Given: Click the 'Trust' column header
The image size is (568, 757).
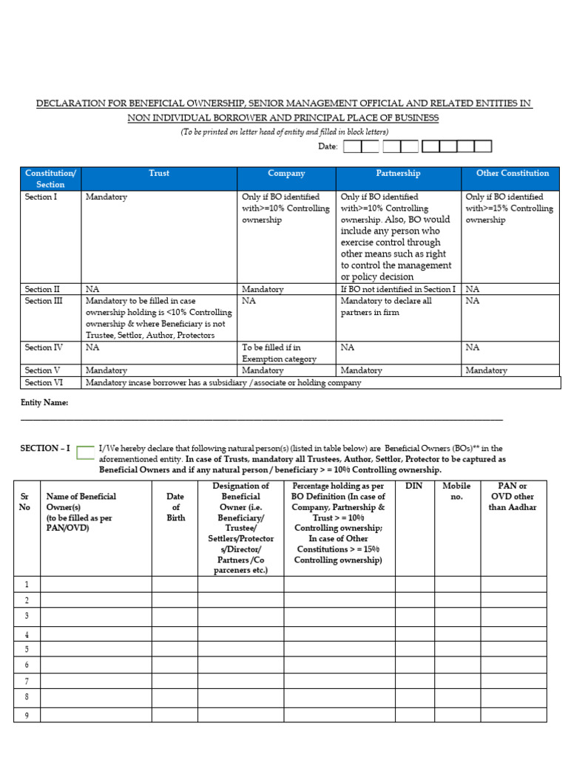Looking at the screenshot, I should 158,173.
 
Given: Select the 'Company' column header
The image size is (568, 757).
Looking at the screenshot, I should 286,173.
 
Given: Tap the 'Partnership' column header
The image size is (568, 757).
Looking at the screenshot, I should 398,173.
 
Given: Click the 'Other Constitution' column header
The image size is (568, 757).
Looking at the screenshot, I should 512,173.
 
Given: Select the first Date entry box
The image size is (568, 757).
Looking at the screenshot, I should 352,146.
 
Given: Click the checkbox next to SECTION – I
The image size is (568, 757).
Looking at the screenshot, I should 85,452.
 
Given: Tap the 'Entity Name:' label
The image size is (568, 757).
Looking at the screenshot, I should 44,403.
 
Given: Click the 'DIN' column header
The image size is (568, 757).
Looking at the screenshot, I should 414,486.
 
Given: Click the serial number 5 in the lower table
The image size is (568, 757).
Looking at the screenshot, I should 27,650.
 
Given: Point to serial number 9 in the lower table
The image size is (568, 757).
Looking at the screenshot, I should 27,715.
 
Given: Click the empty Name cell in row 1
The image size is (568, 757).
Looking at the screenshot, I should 95,585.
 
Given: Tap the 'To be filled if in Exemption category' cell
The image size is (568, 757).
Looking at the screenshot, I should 286,353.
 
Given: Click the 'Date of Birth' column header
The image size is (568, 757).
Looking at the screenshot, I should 175,507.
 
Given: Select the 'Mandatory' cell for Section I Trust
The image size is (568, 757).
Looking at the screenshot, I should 106,197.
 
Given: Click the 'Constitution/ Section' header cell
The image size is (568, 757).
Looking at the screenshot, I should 50,178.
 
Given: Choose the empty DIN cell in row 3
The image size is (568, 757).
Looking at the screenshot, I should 414,617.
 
